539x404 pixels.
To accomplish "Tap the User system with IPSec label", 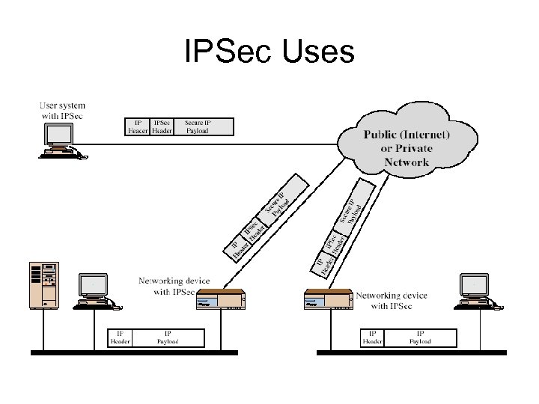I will pos(62,111).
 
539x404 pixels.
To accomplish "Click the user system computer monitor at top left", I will pos(58,135).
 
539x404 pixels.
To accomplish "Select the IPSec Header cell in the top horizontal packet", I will pos(162,126).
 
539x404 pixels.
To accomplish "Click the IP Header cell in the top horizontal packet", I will pos(137,126).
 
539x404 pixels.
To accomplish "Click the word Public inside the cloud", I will pos(386,135).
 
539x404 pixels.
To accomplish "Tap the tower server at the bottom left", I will pos(43,285).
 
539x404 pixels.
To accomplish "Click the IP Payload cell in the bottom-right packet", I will pos(420,337).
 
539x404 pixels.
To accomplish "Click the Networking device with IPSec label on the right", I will pos(391,301).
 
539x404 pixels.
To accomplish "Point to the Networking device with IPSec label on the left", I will pos(171,286).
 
